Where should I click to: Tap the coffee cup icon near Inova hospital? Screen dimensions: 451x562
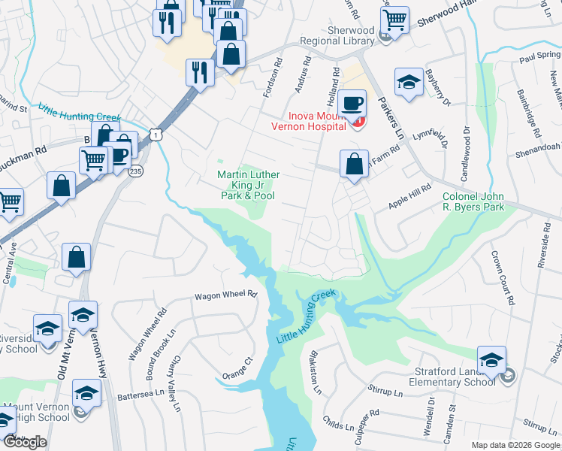click(351, 104)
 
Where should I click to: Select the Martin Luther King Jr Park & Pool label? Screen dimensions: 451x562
click(248, 185)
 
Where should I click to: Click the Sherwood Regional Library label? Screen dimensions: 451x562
click(337, 35)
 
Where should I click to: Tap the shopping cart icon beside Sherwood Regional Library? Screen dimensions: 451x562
click(394, 20)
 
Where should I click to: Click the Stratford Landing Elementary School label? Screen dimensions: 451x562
click(453, 376)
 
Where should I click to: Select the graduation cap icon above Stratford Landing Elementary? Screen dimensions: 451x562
click(491, 360)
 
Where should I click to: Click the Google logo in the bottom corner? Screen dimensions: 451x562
click(25, 442)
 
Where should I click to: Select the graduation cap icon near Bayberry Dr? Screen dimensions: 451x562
click(409, 83)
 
